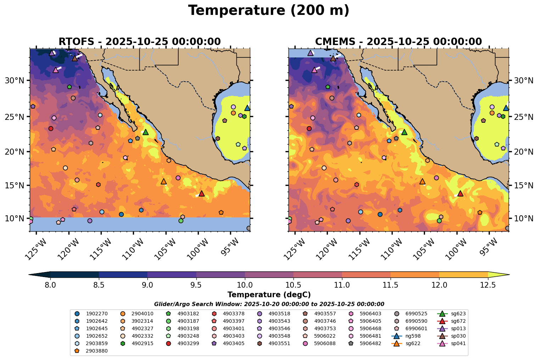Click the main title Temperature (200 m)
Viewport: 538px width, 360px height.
[x=269, y=11]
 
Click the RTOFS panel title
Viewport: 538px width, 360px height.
[x=140, y=42]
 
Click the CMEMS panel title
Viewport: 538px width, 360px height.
[x=398, y=42]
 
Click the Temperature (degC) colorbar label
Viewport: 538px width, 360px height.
[x=269, y=295]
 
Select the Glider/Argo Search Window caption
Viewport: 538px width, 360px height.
[x=269, y=304]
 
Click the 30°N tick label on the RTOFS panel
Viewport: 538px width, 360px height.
[x=14, y=81]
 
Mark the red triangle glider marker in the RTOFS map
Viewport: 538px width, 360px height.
[x=202, y=193]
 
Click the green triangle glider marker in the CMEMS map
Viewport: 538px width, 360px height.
[x=404, y=132]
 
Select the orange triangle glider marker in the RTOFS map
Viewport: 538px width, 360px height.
[x=164, y=181]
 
